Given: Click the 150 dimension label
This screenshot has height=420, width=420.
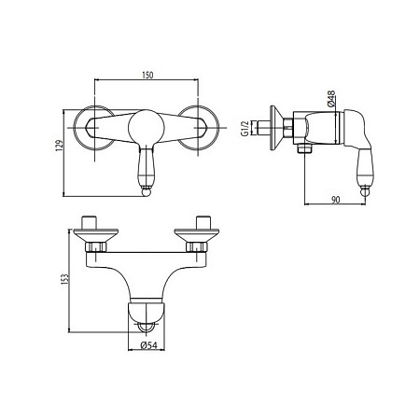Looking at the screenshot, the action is click(x=147, y=75).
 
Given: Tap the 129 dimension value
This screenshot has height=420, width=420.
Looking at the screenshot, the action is click(x=59, y=146).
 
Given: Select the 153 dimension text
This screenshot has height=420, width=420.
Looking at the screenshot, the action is click(x=65, y=279).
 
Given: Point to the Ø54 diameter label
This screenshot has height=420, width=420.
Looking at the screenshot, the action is click(x=148, y=345).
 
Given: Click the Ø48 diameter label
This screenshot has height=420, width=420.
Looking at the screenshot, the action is click(x=331, y=99).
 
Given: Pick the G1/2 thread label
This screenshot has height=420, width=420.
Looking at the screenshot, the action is click(x=245, y=129).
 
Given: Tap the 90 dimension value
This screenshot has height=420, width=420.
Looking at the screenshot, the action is click(x=335, y=200).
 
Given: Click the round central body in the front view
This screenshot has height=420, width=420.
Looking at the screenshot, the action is click(x=147, y=128).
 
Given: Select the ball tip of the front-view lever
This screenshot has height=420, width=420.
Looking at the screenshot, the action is click(x=146, y=191).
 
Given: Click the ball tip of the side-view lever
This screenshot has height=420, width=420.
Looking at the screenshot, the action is click(x=366, y=191).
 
